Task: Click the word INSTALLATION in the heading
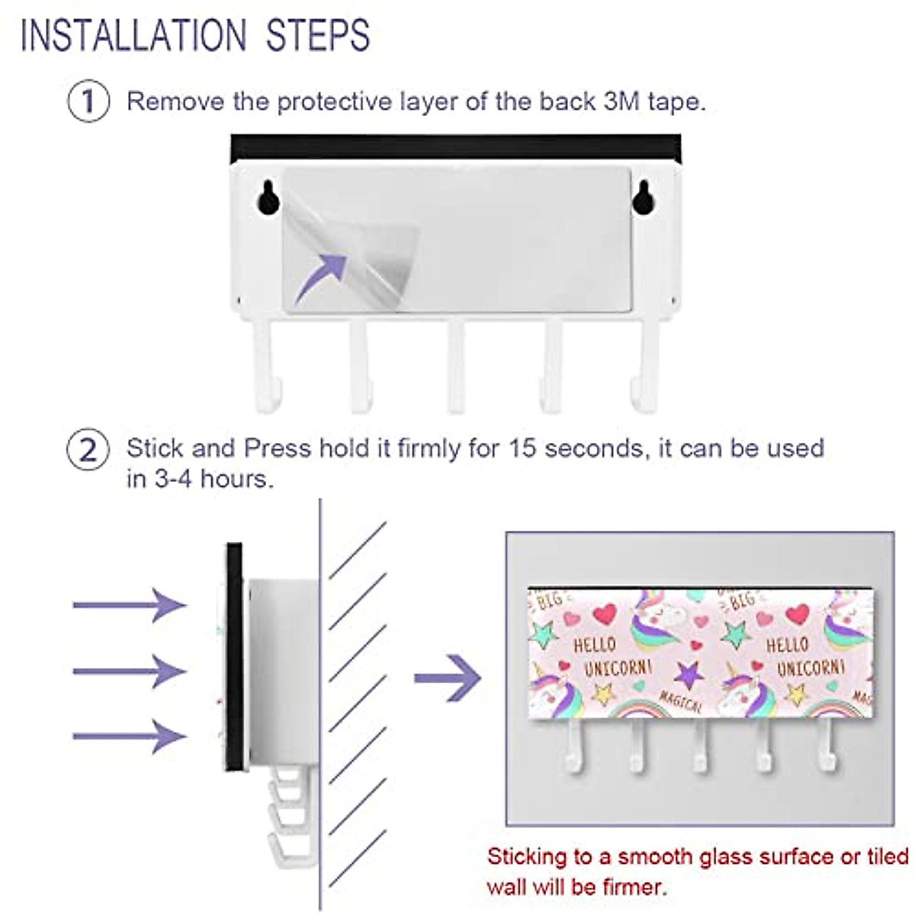(x=133, y=35)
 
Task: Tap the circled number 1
(x=88, y=101)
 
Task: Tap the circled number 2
(x=88, y=449)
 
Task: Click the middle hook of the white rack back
(x=456, y=366)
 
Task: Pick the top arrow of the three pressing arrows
(x=130, y=605)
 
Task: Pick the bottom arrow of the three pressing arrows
(x=130, y=736)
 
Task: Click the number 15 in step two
(x=522, y=448)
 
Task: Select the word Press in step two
(x=278, y=448)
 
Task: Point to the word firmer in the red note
(x=628, y=887)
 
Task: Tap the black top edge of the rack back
(x=455, y=147)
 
